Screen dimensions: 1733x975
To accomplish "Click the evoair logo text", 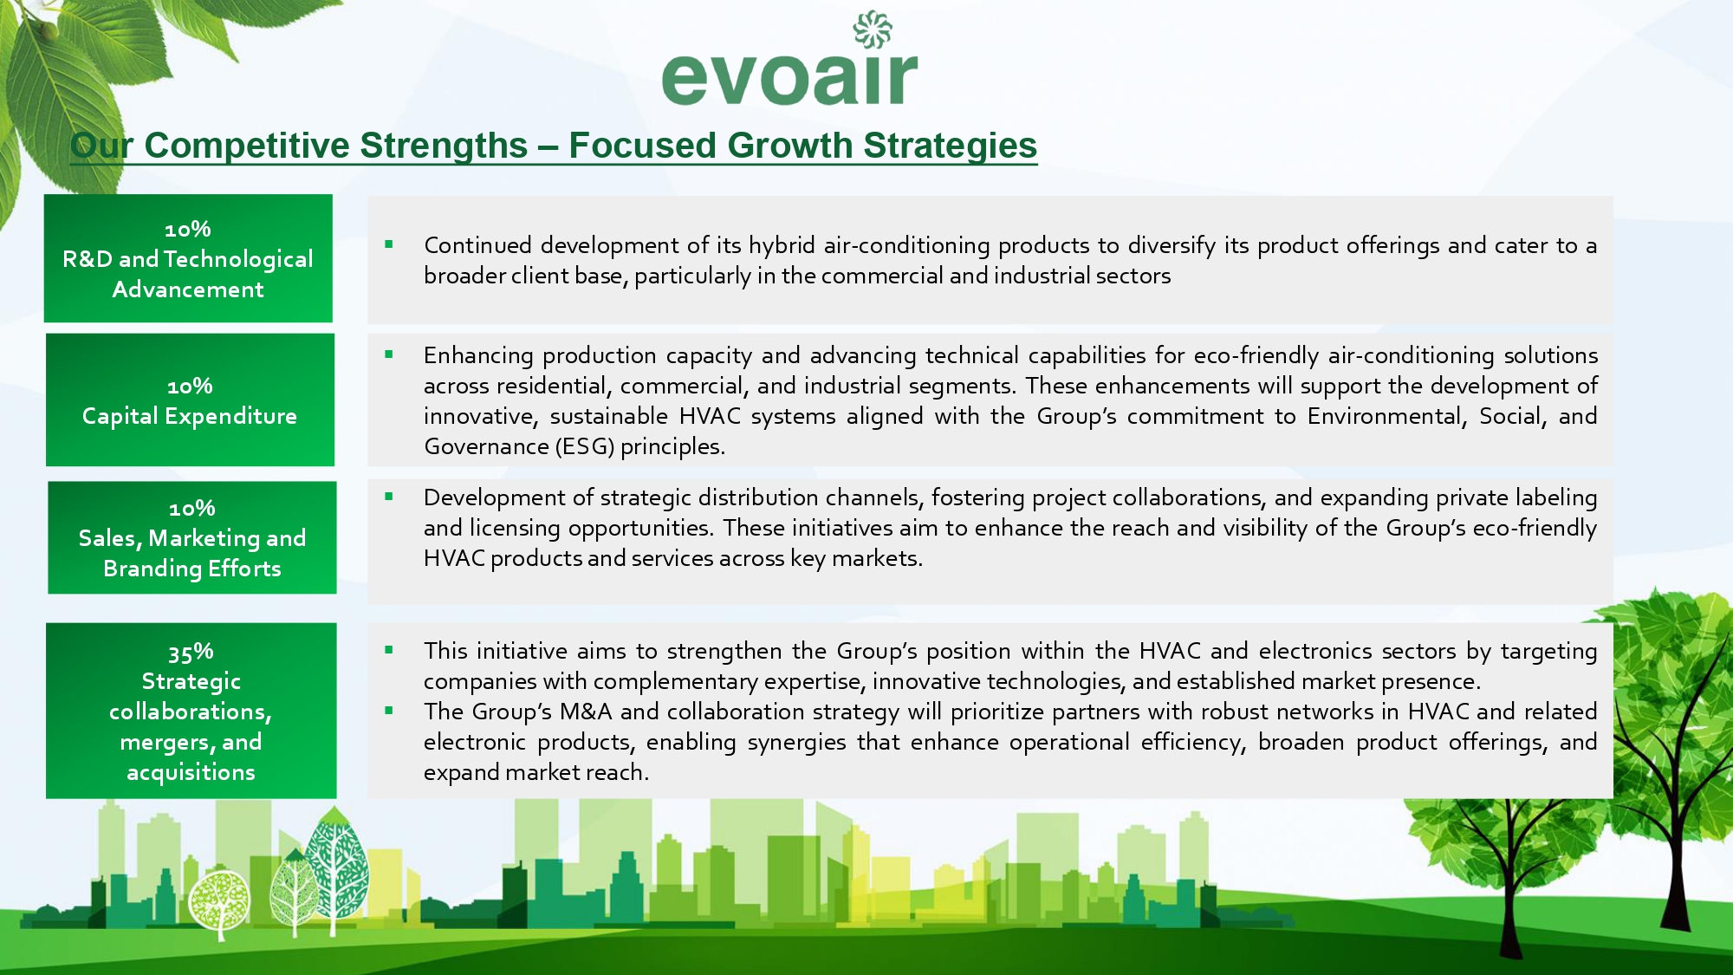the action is coord(789,78).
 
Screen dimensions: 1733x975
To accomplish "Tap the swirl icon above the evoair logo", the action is coord(873,29).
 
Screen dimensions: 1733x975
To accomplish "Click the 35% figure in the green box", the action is coord(191,652).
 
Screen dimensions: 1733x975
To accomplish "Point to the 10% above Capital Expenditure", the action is coord(190,386).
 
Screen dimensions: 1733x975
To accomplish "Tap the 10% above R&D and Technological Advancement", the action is coord(188,229).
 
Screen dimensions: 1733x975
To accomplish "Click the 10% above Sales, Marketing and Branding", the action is coord(191,508).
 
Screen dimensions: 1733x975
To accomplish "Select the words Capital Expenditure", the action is coord(190,416).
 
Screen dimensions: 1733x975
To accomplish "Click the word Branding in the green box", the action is coord(153,569).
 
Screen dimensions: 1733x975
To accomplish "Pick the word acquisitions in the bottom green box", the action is coord(191,772).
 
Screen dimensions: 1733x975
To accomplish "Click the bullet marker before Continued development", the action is coord(389,244).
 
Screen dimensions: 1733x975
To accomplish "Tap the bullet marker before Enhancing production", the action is coord(389,354).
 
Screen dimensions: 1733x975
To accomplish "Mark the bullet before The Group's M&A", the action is coord(389,711).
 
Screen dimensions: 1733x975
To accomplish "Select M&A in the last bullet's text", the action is coord(586,712).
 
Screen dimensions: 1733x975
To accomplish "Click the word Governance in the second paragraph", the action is coord(486,446).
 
